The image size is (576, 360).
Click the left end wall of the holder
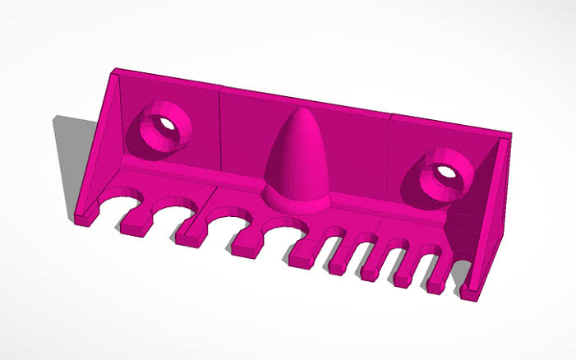(x=99, y=148)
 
